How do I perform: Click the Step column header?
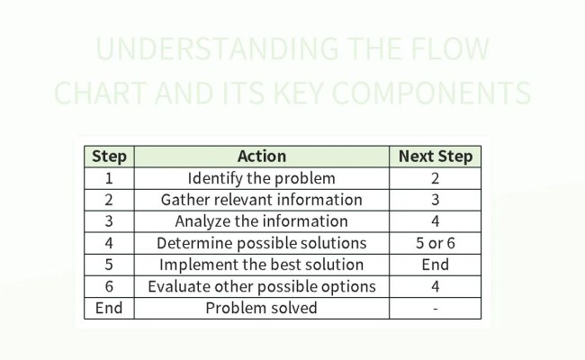pyautogui.click(x=109, y=157)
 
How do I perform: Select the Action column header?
pyautogui.click(x=261, y=157)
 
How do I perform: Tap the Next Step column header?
pyautogui.click(x=435, y=157)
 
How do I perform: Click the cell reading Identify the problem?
pyautogui.click(x=261, y=178)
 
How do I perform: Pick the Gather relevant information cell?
pyautogui.click(x=261, y=200)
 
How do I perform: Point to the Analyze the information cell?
pyautogui.click(x=261, y=221)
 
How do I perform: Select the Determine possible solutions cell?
pyautogui.click(x=261, y=243)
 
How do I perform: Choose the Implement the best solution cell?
pyautogui.click(x=261, y=265)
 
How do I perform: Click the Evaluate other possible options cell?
pyautogui.click(x=261, y=286)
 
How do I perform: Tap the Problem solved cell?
pyautogui.click(x=261, y=308)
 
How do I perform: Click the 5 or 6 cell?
pyautogui.click(x=435, y=243)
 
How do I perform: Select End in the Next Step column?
pyautogui.click(x=435, y=265)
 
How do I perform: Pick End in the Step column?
pyautogui.click(x=109, y=308)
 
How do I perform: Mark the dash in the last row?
pyautogui.click(x=435, y=308)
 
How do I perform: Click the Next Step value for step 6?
pyautogui.click(x=435, y=286)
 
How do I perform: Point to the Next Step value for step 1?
pyautogui.click(x=435, y=178)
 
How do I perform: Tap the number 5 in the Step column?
pyautogui.click(x=109, y=265)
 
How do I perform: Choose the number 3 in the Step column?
pyautogui.click(x=109, y=221)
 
